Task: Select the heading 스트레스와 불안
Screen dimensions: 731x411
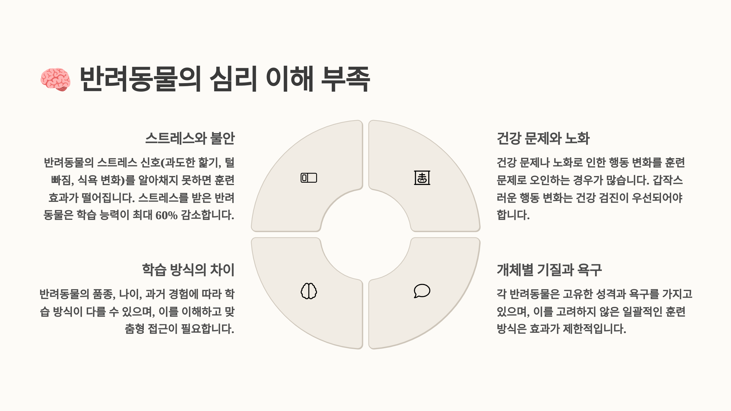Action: pos(190,139)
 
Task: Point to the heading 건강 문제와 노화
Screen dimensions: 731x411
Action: pos(543,139)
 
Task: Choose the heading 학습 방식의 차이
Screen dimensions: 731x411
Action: pos(188,270)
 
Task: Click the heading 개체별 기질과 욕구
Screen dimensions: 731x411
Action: pos(549,270)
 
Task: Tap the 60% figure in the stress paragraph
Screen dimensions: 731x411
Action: pos(166,216)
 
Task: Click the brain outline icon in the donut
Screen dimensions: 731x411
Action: pos(309,291)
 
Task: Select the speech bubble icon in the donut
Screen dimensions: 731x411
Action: pos(422,291)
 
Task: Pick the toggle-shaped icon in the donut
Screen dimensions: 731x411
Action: pos(309,178)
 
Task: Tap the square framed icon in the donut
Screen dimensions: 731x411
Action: pos(422,178)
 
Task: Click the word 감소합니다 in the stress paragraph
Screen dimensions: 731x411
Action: pos(207,215)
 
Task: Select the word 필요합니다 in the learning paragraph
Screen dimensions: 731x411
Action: pos(207,329)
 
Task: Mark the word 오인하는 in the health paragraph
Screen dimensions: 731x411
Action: pos(550,180)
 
